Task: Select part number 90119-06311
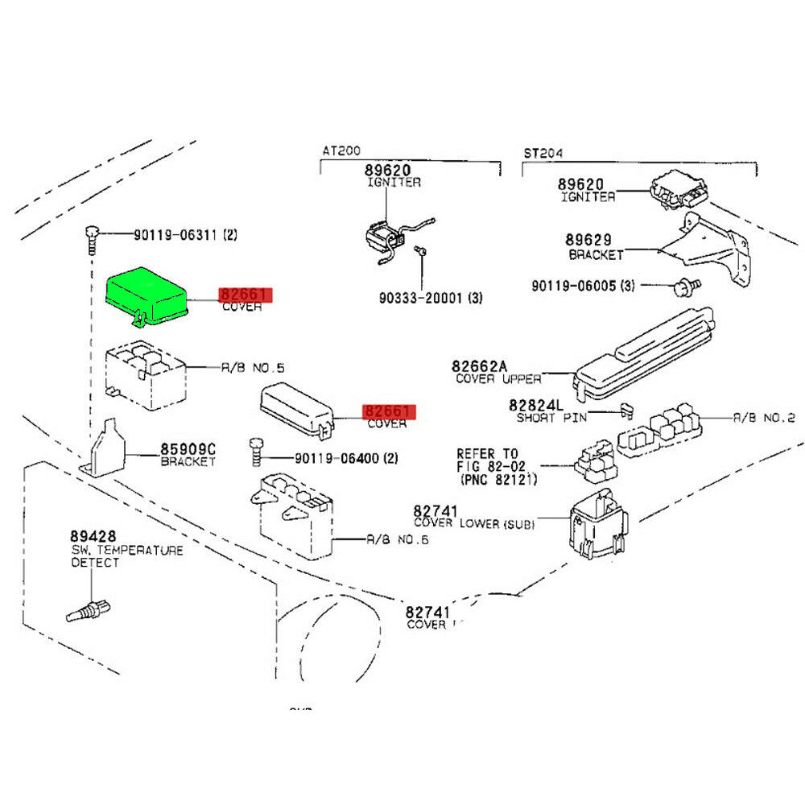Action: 172,235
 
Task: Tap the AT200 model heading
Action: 341,151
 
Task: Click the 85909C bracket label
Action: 188,449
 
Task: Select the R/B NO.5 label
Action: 253,368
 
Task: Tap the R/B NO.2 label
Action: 764,418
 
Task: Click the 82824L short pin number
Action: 539,404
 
